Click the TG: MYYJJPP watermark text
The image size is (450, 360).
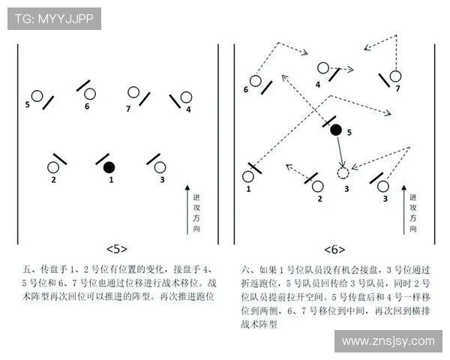(x=54, y=19)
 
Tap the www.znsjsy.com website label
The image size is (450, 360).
(x=388, y=341)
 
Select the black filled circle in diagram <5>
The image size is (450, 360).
(x=109, y=166)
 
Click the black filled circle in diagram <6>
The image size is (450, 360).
(x=336, y=130)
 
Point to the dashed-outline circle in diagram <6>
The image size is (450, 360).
(x=343, y=173)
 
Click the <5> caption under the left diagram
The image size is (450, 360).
(x=117, y=249)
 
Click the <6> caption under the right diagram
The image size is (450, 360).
(x=334, y=249)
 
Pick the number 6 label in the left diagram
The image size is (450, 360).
(x=87, y=107)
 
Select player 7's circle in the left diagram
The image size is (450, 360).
(x=133, y=93)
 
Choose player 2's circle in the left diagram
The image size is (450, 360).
(x=53, y=167)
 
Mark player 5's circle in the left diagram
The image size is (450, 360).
(x=36, y=97)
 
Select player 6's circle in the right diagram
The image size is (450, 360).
(x=255, y=80)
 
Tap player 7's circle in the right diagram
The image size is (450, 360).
(x=394, y=76)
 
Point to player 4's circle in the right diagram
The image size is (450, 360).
(x=323, y=68)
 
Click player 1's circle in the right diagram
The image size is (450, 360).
(x=248, y=177)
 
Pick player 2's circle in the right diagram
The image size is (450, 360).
(x=317, y=185)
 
